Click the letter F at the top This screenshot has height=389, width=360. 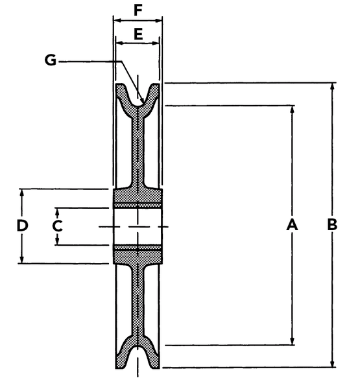(138, 10)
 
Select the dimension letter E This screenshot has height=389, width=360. (138, 34)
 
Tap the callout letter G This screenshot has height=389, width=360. (51, 60)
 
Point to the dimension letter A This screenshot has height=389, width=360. (292, 224)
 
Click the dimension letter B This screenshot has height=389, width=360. (332, 224)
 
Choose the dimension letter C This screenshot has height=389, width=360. (57, 226)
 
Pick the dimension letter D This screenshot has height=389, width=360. (22, 226)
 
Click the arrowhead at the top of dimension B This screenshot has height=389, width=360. (333, 87)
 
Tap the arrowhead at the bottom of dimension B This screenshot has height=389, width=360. (333, 362)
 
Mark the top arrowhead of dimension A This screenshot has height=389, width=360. (293, 110)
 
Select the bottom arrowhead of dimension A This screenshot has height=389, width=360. (293, 340)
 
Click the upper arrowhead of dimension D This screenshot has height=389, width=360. (22, 193)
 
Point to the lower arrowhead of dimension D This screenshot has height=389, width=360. (22, 259)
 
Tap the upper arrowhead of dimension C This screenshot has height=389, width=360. (57, 212)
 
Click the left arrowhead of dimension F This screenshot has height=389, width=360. (117, 21)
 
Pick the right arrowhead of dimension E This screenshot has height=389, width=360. (154, 43)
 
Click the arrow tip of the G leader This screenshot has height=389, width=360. (143, 102)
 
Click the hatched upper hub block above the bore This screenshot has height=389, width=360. (138, 198)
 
